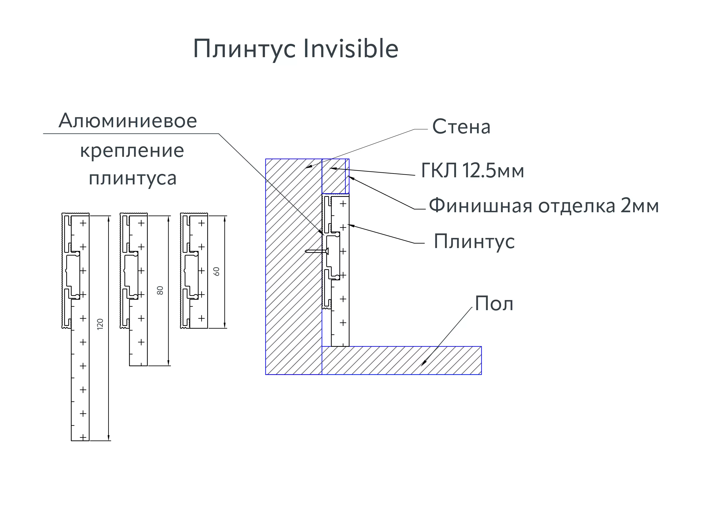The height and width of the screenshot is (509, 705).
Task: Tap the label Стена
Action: (461, 127)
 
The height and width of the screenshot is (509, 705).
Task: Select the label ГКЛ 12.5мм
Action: (472, 171)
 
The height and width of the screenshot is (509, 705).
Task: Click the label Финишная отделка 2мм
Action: (544, 206)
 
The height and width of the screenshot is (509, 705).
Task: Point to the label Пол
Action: (494, 304)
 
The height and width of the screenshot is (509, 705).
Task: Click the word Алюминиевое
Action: (128, 121)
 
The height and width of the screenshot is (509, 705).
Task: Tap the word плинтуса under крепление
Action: (133, 178)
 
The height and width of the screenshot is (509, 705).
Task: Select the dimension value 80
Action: (160, 290)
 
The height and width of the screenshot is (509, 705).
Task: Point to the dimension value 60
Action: (216, 271)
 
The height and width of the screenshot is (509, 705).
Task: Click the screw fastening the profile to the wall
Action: (317, 251)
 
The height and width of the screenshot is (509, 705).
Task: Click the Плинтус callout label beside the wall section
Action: (474, 241)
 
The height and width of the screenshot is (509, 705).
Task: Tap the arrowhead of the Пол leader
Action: (423, 364)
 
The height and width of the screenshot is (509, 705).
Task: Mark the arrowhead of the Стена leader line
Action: (308, 167)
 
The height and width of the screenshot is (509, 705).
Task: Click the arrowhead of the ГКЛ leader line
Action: (332, 168)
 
